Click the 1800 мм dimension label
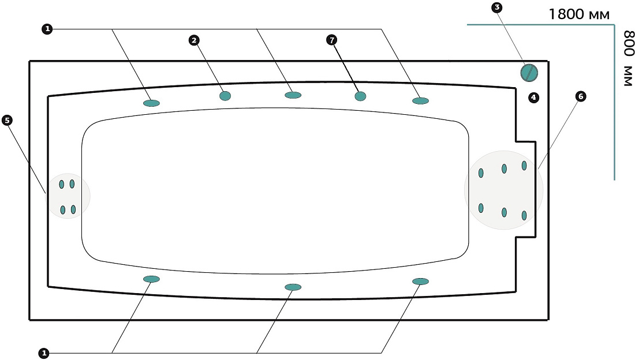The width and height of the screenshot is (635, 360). pos(578,14)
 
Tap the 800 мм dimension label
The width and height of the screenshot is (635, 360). pos(628,58)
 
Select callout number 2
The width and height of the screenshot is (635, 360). pos(195,40)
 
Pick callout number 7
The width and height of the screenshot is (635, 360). pos(332,40)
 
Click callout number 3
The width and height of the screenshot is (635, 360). pos(496,7)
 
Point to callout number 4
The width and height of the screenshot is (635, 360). pos(534,97)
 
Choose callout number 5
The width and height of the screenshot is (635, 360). pos(8,120)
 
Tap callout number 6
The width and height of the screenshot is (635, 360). pos(581,96)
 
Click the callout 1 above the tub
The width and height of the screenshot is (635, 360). pos(47,29)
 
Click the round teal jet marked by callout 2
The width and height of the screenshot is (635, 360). pos(225,96)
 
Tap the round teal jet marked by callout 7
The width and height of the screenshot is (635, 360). pos(360,96)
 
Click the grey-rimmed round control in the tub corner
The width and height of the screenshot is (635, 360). pos(529,73)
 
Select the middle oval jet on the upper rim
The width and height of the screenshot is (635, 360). pos(293,95)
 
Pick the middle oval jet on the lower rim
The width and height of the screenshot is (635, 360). pos(293,287)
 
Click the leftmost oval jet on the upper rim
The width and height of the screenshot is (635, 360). pos(151,103)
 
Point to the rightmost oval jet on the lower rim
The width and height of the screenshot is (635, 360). pos(420,282)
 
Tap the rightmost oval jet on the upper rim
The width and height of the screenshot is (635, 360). pos(420,100)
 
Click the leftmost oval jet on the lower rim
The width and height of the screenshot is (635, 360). pos(151,279)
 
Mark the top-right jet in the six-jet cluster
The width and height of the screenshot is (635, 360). pos(524,165)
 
